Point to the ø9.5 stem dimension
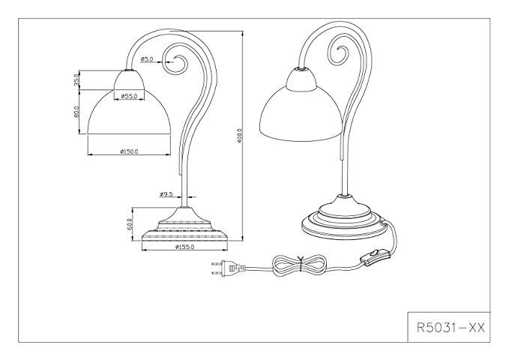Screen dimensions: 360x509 click(166, 194)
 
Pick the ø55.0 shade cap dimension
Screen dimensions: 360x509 click(127, 96)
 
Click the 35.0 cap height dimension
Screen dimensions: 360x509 click(77, 79)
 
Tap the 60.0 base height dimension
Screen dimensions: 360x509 click(129, 222)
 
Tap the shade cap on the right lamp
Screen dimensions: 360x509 click(301, 73)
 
